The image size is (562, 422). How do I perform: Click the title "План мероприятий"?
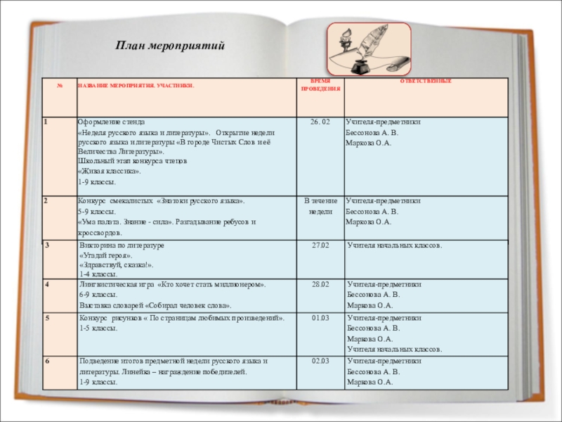(169, 46)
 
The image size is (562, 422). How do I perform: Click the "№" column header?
(60, 85)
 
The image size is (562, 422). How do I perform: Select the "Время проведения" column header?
(320, 85)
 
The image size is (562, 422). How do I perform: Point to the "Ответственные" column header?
(426, 82)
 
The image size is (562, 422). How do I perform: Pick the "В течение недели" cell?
(320, 205)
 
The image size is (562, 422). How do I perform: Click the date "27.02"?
(320, 245)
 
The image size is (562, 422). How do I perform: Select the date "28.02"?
(320, 285)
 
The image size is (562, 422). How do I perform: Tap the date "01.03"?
(320, 319)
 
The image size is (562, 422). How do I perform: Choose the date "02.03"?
(320, 361)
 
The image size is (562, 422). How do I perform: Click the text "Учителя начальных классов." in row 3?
(395, 245)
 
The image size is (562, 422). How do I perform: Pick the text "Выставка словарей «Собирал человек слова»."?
(155, 306)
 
